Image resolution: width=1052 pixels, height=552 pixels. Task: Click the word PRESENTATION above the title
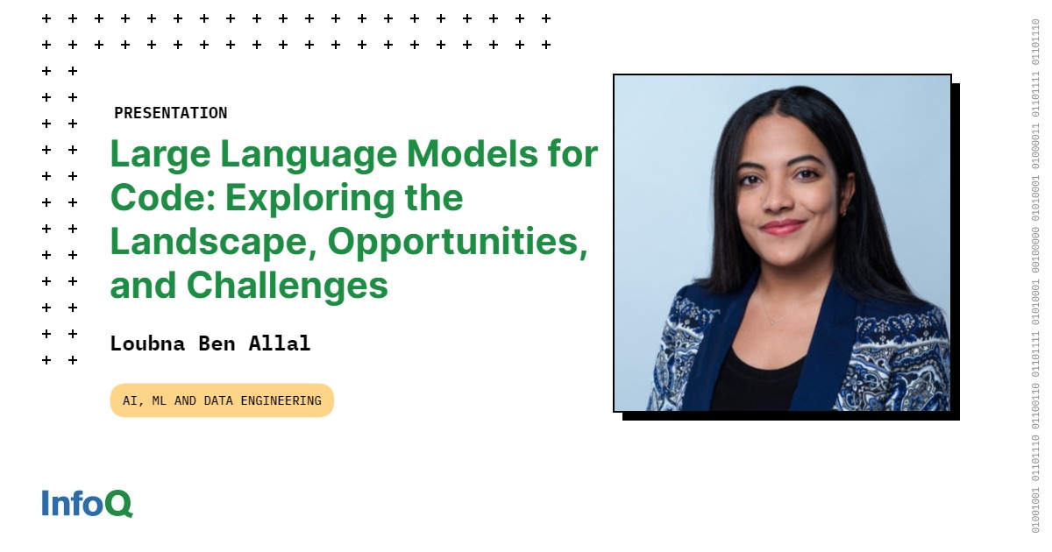170,113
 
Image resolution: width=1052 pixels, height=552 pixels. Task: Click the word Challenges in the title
287,285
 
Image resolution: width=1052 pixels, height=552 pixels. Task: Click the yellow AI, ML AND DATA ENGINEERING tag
222,400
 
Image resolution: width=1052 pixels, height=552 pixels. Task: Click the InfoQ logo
87,503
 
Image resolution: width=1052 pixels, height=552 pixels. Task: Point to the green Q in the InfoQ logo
118,504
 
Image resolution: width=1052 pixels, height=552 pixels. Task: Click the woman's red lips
781,227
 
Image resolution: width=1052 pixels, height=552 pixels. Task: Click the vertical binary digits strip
1035,276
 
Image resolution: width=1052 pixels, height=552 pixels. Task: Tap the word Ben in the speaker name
216,343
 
